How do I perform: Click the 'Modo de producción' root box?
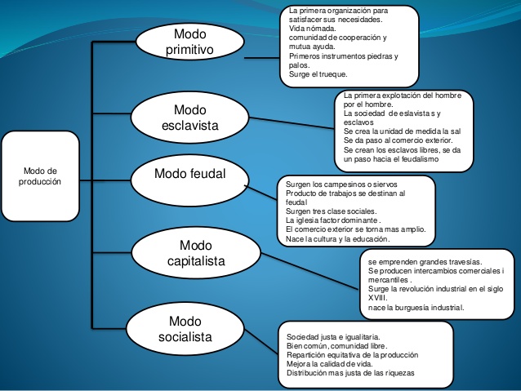coord(40,176)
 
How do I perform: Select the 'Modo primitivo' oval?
coord(189,42)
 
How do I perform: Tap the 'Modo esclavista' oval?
coord(190,118)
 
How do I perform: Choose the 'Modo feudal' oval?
coord(189,175)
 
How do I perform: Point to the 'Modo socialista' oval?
coord(185,329)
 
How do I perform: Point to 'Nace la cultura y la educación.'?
coord(337,239)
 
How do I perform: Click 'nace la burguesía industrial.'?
coord(416,308)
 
